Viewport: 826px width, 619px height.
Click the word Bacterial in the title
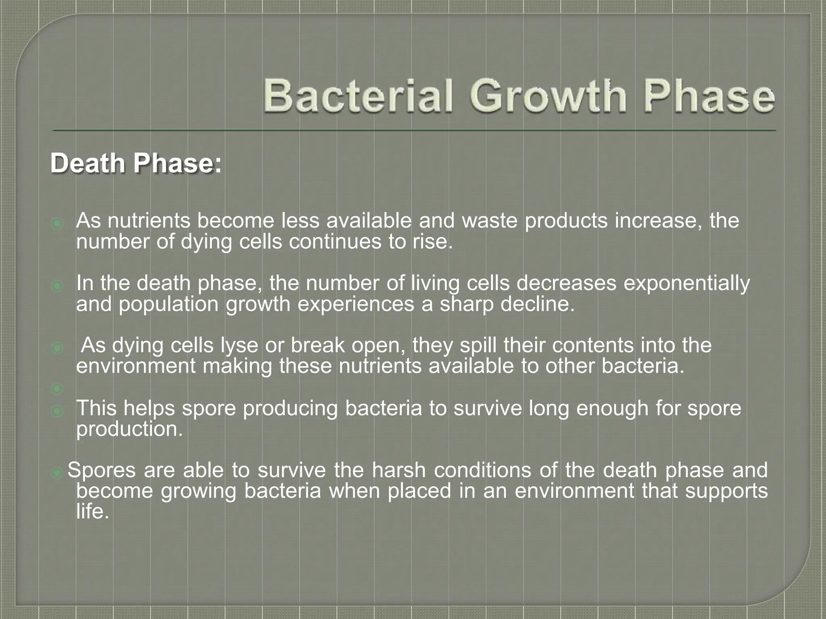[x=358, y=96]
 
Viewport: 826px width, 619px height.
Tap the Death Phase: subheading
[x=136, y=164]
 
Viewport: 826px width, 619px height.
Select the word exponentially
[x=686, y=283]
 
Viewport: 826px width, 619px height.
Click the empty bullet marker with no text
[x=57, y=388]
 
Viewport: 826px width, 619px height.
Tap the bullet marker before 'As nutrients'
[x=57, y=223]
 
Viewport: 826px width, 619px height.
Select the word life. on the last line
[x=92, y=511]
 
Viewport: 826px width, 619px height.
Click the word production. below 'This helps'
[x=129, y=429]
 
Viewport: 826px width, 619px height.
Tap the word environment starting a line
[x=136, y=366]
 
